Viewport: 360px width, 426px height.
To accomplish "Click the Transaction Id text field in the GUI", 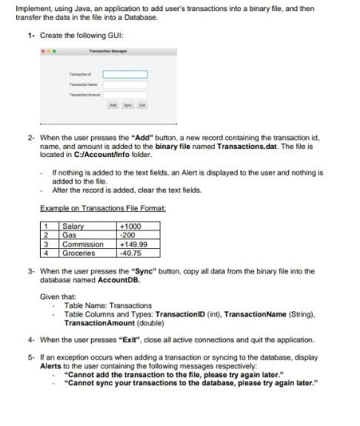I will pyautogui.click(x=124, y=74).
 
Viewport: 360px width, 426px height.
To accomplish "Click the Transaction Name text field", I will pyautogui.click(x=124, y=84).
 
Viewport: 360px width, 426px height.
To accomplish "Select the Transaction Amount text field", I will pyautogui.click(x=124, y=95).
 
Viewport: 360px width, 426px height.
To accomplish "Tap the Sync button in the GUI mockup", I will pyautogui.click(x=127, y=106).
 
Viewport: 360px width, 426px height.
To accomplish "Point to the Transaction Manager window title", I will pyautogui.click(x=108, y=50).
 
